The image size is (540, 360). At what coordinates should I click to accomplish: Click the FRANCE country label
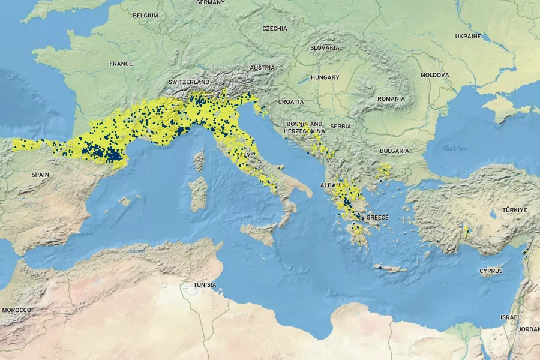pos(121,64)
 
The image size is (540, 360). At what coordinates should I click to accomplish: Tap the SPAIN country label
pos(40,175)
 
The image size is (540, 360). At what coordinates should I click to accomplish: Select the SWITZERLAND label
pos(189,82)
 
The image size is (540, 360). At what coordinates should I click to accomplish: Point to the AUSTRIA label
pos(262,68)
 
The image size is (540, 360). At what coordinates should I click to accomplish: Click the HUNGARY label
pos(325,77)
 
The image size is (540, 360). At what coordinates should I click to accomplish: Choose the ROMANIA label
pos(391,98)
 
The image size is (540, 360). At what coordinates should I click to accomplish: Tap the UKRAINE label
pos(468,37)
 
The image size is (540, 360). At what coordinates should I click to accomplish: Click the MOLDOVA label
pos(434,75)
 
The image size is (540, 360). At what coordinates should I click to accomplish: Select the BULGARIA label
pos(394,151)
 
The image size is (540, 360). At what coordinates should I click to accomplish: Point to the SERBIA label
pos(341,127)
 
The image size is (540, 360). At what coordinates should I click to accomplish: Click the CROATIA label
pos(291,102)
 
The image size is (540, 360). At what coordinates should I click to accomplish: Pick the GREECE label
pos(377,217)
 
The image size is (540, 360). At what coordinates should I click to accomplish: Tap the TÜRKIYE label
pos(515,210)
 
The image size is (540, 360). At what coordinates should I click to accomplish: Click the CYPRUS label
pos(491,271)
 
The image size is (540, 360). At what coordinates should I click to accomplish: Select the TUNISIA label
pos(205,284)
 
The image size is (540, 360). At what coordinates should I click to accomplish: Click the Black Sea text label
pos(454,148)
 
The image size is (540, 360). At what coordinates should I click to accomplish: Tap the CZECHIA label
pos(275,28)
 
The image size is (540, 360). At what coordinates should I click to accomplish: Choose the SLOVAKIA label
pos(325,47)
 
